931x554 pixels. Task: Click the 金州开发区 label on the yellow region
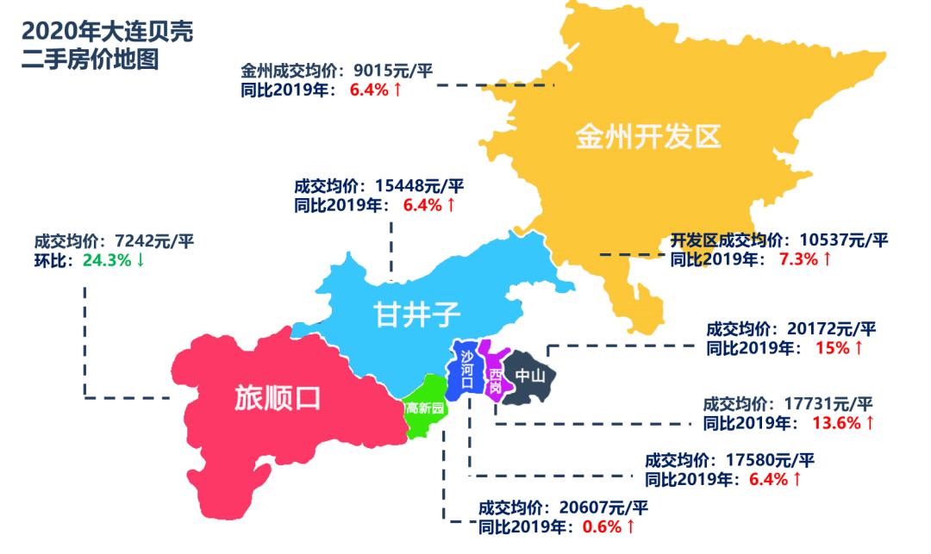[647, 136]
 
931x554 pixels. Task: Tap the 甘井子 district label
[412, 314]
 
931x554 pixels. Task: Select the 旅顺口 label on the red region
[278, 397]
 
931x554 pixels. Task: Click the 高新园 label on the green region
[425, 408]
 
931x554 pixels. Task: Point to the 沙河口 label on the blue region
[466, 370]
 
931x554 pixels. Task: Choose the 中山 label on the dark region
[530, 377]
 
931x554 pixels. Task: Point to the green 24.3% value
[107, 259]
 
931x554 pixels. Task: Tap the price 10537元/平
[841, 240]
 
